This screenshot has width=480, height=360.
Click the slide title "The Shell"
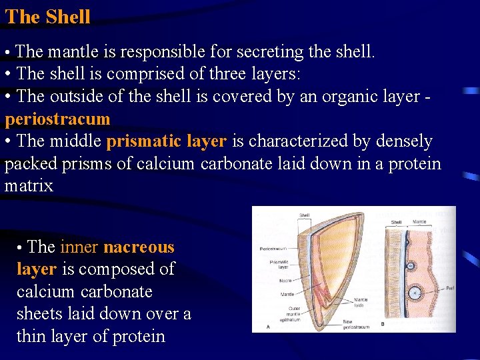click(x=47, y=17)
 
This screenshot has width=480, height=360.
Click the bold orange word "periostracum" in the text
click(x=57, y=119)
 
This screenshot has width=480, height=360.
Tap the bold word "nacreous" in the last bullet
click(x=139, y=247)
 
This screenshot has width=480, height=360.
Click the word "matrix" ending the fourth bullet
click(x=29, y=185)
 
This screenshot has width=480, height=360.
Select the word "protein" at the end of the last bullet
click(x=136, y=337)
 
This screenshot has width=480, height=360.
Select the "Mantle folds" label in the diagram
click(x=361, y=303)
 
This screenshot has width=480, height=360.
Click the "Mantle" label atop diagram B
click(x=419, y=222)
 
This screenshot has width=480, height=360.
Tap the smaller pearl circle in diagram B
click(x=411, y=265)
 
